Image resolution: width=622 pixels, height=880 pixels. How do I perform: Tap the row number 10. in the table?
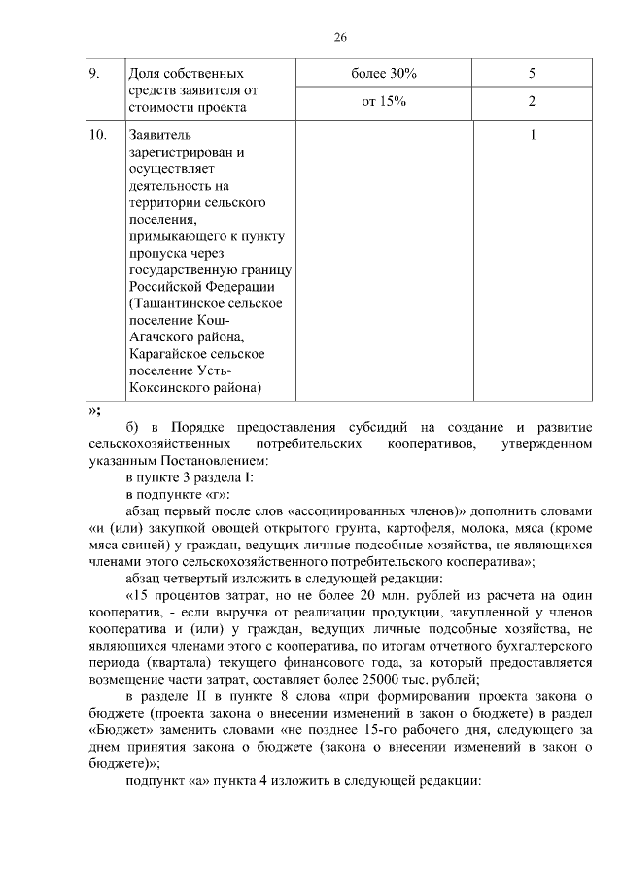tap(98, 135)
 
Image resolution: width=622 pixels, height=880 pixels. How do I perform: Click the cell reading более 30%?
tap(383, 73)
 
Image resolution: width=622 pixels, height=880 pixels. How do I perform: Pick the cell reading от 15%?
tap(383, 100)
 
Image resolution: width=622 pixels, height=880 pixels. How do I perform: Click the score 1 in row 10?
tap(533, 135)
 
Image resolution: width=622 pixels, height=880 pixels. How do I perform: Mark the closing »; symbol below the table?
tap(94, 409)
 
